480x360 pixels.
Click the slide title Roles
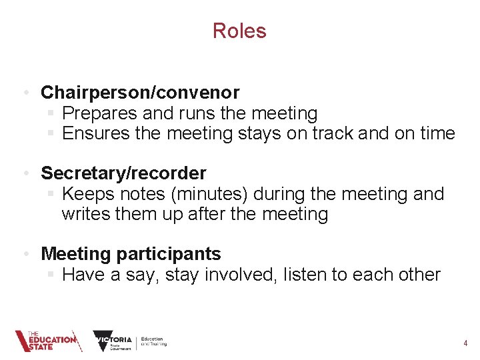click(x=239, y=31)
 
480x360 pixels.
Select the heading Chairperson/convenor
click(x=140, y=92)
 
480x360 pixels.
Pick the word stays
click(x=259, y=133)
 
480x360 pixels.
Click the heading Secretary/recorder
click(x=123, y=173)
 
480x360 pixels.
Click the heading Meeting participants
click(x=131, y=254)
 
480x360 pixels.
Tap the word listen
click(x=310, y=275)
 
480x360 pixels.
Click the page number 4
click(x=465, y=343)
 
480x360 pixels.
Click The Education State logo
click(x=47, y=341)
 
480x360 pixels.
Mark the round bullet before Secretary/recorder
click(x=24, y=174)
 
